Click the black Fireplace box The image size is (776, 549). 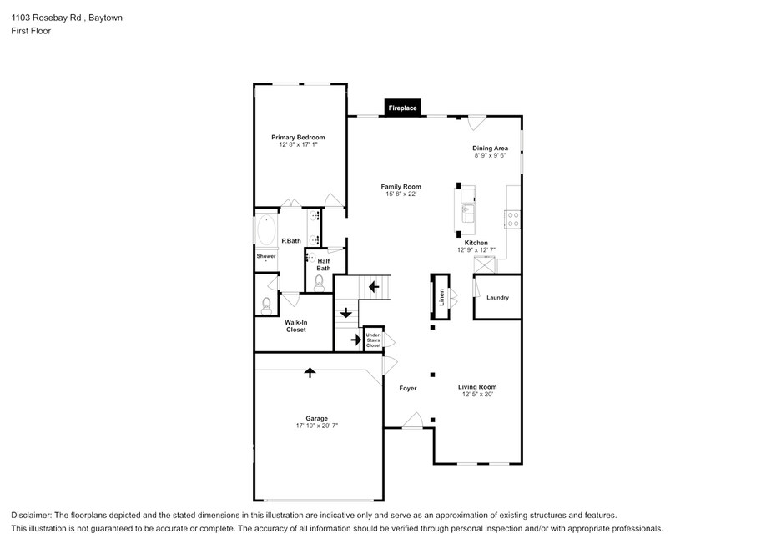tap(402, 108)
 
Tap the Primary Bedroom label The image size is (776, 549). tap(298, 137)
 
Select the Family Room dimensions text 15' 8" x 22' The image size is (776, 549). tap(401, 194)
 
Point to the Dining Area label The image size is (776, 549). tap(490, 148)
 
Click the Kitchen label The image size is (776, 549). tap(476, 243)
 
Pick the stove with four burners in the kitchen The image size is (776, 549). tap(513, 219)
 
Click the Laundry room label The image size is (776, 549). tap(497, 298)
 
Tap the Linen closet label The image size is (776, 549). tap(442, 297)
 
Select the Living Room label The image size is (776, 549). tap(477, 387)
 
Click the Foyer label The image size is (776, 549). tap(408, 388)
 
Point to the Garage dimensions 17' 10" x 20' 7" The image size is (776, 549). tap(317, 426)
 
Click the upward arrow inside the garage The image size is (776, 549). tap(310, 372)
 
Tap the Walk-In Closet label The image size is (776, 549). tap(296, 325)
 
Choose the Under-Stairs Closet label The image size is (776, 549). tap(373, 340)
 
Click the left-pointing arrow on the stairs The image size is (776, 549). tap(374, 287)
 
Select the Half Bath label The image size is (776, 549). tap(324, 264)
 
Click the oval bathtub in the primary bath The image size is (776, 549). tap(266, 229)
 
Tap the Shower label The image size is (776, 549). tap(266, 256)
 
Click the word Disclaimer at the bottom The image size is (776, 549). tap(31, 516)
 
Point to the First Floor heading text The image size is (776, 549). tap(31, 31)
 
